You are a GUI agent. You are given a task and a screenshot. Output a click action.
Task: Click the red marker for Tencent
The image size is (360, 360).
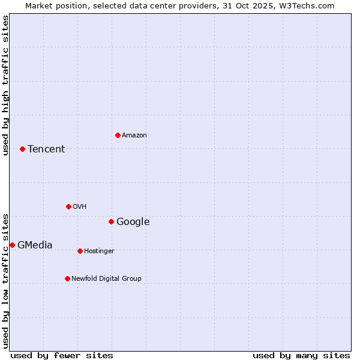click(22, 149)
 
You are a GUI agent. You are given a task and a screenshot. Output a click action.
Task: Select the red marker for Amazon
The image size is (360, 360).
click(118, 135)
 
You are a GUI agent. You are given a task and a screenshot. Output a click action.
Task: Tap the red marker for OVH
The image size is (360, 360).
click(68, 206)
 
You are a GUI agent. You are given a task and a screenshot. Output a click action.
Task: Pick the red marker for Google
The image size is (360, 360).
click(111, 221)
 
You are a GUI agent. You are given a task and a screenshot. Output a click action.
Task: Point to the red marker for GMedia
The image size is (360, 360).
click(12, 245)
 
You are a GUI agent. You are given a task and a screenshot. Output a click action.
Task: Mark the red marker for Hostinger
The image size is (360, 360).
click(80, 251)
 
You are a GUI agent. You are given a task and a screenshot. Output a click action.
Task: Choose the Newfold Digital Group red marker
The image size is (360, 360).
click(67, 278)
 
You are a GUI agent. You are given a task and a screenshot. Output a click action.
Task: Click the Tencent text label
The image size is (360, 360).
click(46, 149)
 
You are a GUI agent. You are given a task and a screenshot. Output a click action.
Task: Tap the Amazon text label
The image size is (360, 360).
click(134, 136)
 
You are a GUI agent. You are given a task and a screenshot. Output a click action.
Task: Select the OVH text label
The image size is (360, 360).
click(80, 207)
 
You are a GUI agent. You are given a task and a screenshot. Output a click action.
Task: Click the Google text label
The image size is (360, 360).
click(133, 222)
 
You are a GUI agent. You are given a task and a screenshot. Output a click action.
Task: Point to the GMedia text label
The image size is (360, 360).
click(35, 245)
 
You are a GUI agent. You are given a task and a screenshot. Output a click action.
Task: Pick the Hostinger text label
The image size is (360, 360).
click(99, 251)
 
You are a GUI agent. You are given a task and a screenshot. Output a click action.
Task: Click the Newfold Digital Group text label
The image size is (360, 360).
click(106, 279)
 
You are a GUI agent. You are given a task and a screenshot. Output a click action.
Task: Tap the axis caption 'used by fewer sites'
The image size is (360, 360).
click(62, 355)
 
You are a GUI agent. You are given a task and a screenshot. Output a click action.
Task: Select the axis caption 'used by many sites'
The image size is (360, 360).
click(301, 355)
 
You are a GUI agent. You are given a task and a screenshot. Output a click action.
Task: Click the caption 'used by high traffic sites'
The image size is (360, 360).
click(6, 85)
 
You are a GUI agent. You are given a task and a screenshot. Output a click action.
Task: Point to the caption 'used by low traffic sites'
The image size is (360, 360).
click(6, 281)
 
